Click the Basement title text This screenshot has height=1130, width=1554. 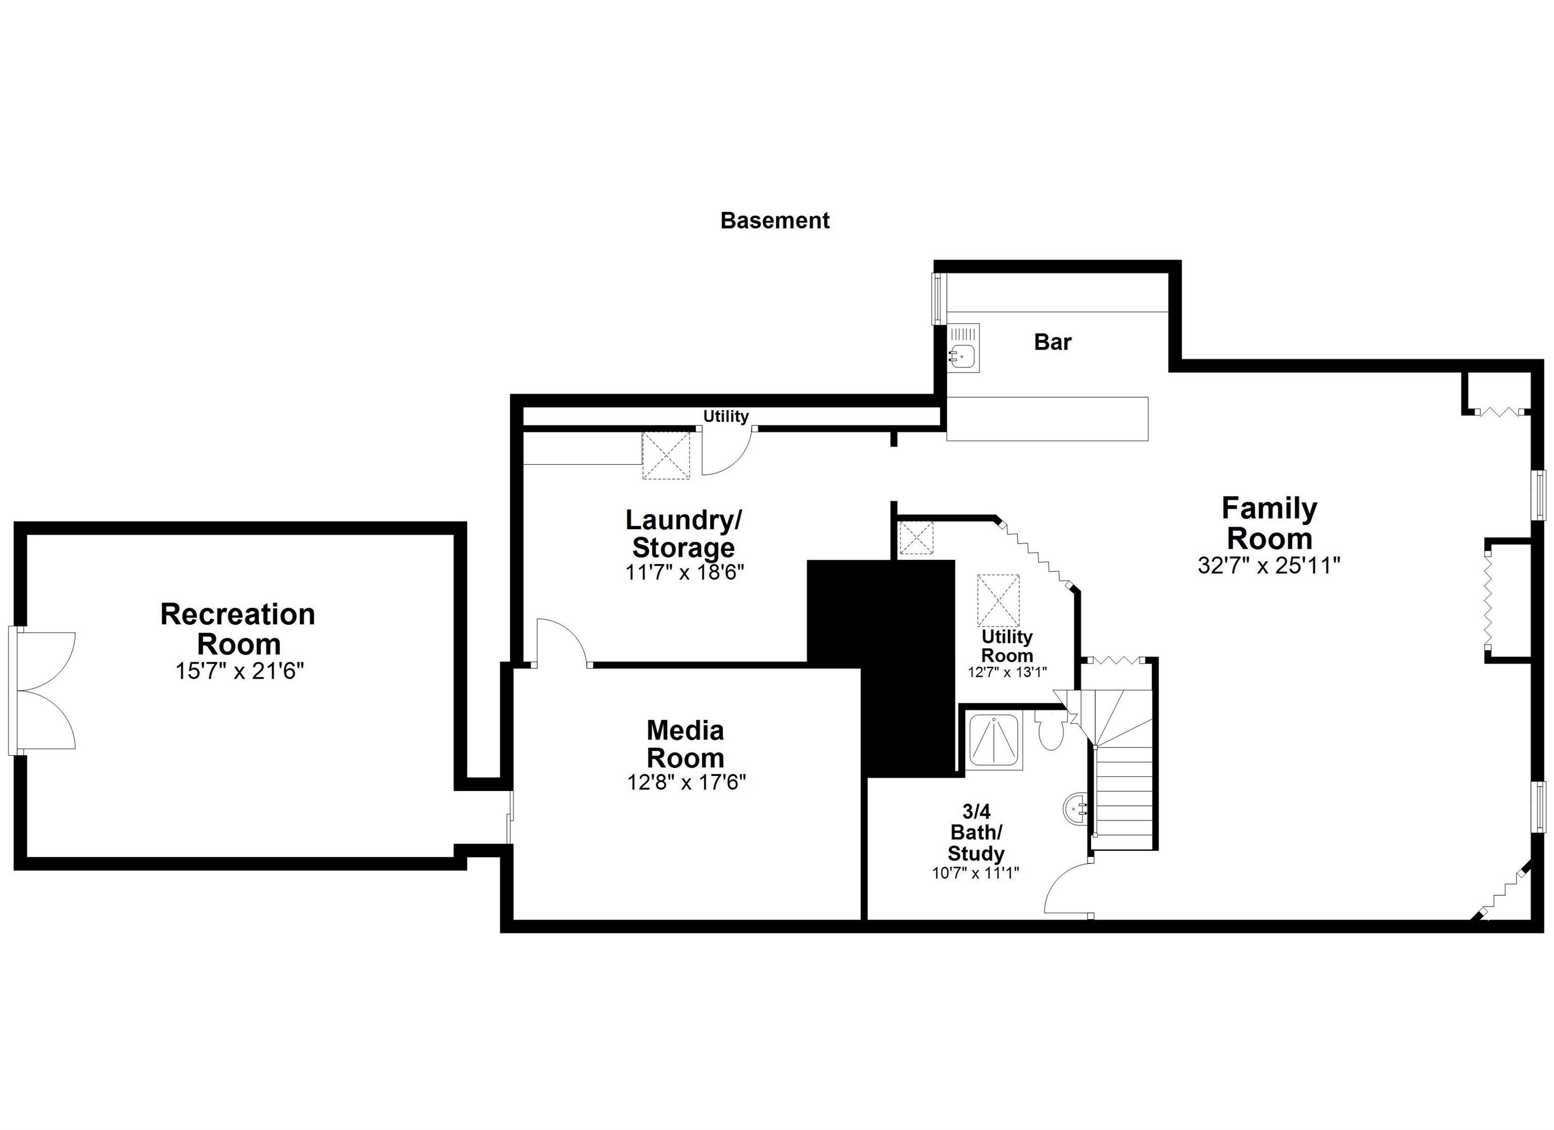(x=774, y=221)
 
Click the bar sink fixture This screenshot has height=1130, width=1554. (x=963, y=347)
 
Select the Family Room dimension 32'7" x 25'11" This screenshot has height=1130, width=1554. (x=1268, y=566)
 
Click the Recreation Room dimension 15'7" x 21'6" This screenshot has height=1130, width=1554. (x=239, y=671)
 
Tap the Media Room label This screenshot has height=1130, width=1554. (x=685, y=744)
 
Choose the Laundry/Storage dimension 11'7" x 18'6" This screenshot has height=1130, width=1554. (x=684, y=572)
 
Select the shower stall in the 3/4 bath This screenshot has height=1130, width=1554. (x=994, y=741)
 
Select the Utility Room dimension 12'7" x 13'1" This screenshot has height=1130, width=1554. (x=1007, y=672)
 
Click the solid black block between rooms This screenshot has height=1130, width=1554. (x=891, y=658)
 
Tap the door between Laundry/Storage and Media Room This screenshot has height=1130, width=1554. (x=560, y=643)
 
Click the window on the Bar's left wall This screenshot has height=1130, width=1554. (x=937, y=299)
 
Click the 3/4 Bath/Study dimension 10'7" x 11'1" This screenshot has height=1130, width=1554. (x=975, y=873)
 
